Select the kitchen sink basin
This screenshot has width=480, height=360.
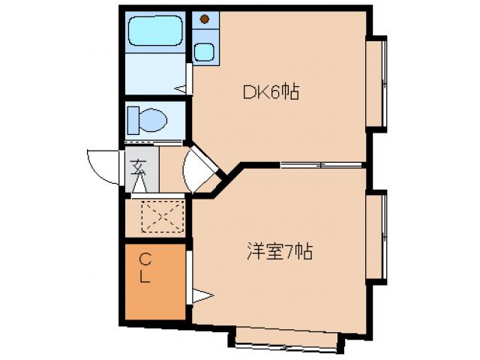(203, 52)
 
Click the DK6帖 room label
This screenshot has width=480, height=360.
(271, 92)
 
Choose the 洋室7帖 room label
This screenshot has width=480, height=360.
(278, 252)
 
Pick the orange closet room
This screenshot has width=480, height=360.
(154, 281)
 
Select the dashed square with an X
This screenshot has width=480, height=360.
(162, 216)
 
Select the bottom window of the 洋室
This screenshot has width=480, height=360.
(286, 338)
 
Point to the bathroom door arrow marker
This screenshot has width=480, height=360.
(181, 88)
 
